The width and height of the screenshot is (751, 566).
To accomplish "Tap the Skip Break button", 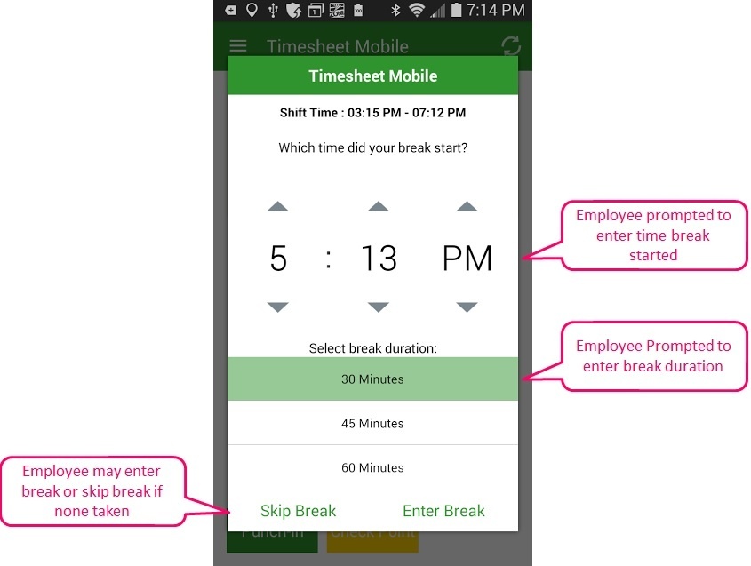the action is [298, 511].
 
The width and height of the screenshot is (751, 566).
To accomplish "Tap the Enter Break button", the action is [443, 511].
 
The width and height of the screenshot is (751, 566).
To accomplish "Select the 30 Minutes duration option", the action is [372, 379].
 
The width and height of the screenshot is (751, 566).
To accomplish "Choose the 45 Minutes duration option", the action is [372, 423].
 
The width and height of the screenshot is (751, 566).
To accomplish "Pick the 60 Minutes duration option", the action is [372, 467].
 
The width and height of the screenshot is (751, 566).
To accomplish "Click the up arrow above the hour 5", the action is [278, 206].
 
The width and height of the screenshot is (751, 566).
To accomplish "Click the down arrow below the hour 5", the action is [278, 307].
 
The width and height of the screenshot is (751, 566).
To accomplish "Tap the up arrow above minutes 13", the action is [379, 206].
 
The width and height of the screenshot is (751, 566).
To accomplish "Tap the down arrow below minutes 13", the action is [379, 307].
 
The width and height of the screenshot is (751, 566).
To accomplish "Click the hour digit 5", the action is [278, 258].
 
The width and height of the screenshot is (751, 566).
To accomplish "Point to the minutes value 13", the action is [379, 258].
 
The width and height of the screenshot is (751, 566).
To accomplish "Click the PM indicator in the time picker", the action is [467, 258].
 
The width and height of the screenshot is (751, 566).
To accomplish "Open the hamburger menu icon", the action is [238, 46].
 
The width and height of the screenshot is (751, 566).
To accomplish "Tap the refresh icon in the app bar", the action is [511, 46].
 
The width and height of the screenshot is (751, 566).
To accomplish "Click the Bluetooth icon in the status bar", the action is [395, 10].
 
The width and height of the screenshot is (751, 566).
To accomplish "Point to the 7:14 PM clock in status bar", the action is [495, 10].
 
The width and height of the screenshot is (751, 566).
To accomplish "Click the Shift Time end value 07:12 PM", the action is [439, 113].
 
